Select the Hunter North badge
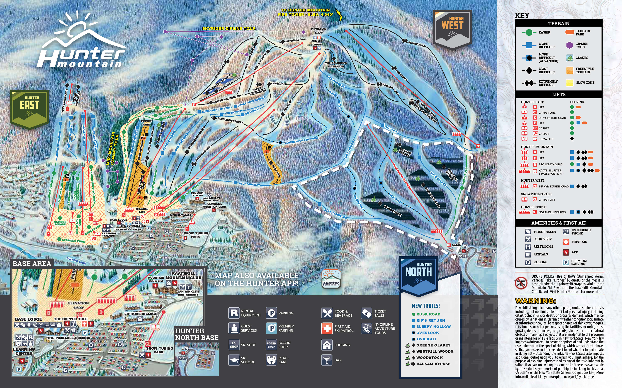pos(418,275)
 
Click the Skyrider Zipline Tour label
pos(229,29)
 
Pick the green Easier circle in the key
pos(529,32)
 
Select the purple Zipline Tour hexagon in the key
pos(570,45)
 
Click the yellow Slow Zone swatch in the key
pos(570,83)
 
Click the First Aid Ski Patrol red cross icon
pos(327,328)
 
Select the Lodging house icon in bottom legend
pos(327,345)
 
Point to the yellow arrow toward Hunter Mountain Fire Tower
pos(340,15)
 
